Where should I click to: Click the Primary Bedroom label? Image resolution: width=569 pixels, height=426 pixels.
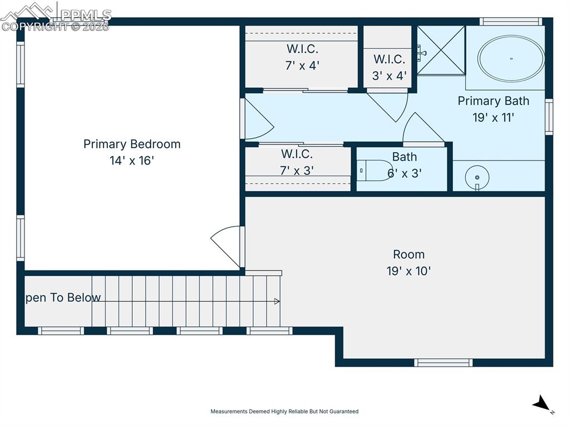[x=132, y=144]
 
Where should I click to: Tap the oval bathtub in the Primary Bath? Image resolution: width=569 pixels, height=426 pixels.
[x=511, y=59]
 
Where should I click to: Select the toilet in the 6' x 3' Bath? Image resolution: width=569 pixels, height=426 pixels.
[x=374, y=170]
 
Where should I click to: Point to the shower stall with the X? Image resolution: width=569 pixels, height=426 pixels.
[x=441, y=50]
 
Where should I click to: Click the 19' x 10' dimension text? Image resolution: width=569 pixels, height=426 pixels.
[x=408, y=272]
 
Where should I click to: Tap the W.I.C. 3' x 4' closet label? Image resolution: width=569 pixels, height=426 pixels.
[x=389, y=67]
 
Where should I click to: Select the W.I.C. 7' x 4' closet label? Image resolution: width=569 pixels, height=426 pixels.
[x=302, y=57]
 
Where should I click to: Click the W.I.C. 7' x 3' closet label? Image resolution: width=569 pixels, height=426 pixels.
[x=297, y=162]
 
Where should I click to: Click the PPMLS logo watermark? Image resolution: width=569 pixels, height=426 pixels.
[x=56, y=17]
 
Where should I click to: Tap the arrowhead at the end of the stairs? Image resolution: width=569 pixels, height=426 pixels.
[x=277, y=302]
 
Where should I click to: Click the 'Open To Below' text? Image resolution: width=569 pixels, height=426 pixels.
[x=62, y=298]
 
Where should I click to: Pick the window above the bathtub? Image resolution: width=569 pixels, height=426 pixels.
[x=510, y=22]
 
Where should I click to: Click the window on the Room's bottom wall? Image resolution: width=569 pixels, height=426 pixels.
[x=443, y=363]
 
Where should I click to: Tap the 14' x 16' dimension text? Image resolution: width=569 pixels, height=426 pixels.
[x=132, y=161]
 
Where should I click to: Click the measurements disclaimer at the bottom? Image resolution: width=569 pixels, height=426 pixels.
[x=284, y=412]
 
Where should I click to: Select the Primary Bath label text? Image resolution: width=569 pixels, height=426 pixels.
[x=493, y=101]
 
